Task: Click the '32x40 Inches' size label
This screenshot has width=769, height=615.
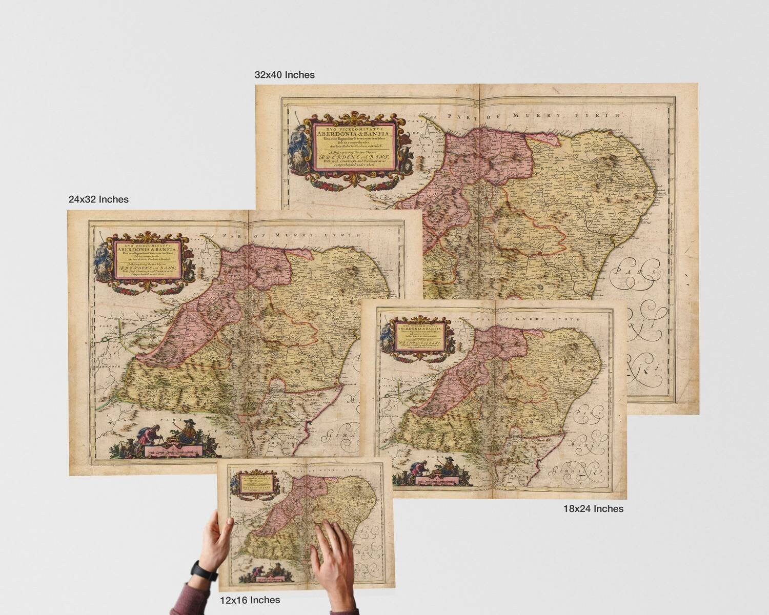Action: point(285,75)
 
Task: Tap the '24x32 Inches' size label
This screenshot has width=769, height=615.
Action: point(98,199)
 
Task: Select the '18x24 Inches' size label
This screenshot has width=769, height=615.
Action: point(593,509)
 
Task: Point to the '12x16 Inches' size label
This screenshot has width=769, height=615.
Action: point(250,600)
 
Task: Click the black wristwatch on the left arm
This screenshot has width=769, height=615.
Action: point(198,570)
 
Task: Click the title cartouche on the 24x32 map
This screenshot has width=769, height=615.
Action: point(145,261)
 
